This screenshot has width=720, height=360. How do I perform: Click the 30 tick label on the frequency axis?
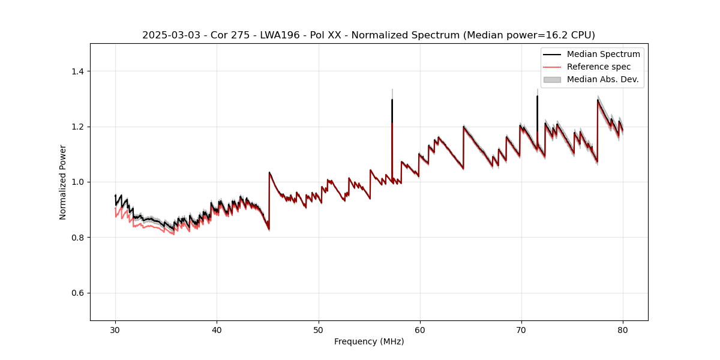[x=115, y=329]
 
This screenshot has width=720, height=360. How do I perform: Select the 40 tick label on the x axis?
[x=217, y=329]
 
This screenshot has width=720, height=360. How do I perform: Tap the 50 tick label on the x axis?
[x=318, y=329]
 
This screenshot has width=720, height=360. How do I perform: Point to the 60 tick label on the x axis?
[x=419, y=329]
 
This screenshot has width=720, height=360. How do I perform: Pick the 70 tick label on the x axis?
[x=521, y=329]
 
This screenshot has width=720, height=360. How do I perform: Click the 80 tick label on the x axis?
[x=622, y=329]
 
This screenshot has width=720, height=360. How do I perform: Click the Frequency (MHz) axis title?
[x=369, y=341]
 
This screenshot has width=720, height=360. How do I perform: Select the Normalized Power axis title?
[x=63, y=182]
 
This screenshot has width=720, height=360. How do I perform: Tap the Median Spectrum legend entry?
[x=603, y=54]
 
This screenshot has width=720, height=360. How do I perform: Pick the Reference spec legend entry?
[x=599, y=67]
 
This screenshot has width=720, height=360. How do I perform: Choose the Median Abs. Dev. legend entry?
[x=602, y=79]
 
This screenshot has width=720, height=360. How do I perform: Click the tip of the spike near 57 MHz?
[x=392, y=100]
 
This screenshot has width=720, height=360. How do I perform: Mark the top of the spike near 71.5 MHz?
[x=537, y=96]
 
